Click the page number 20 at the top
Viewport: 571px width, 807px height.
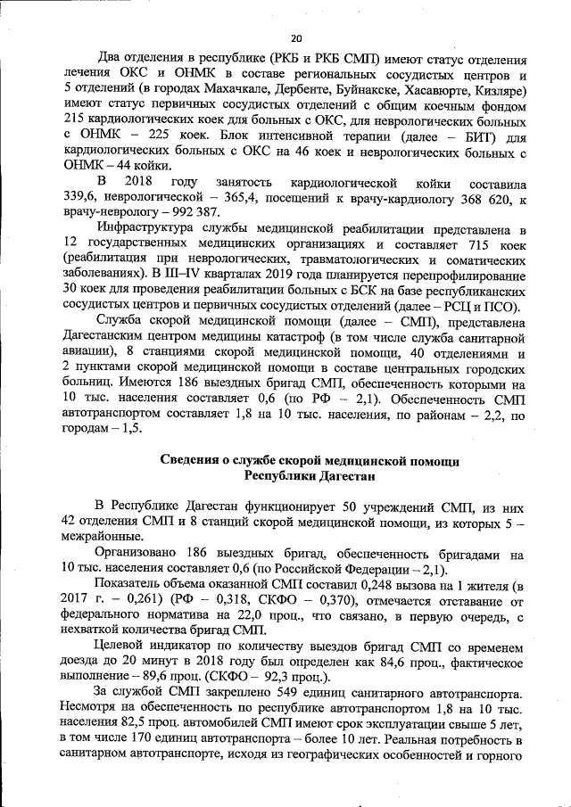pyautogui.click(x=297, y=37)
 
